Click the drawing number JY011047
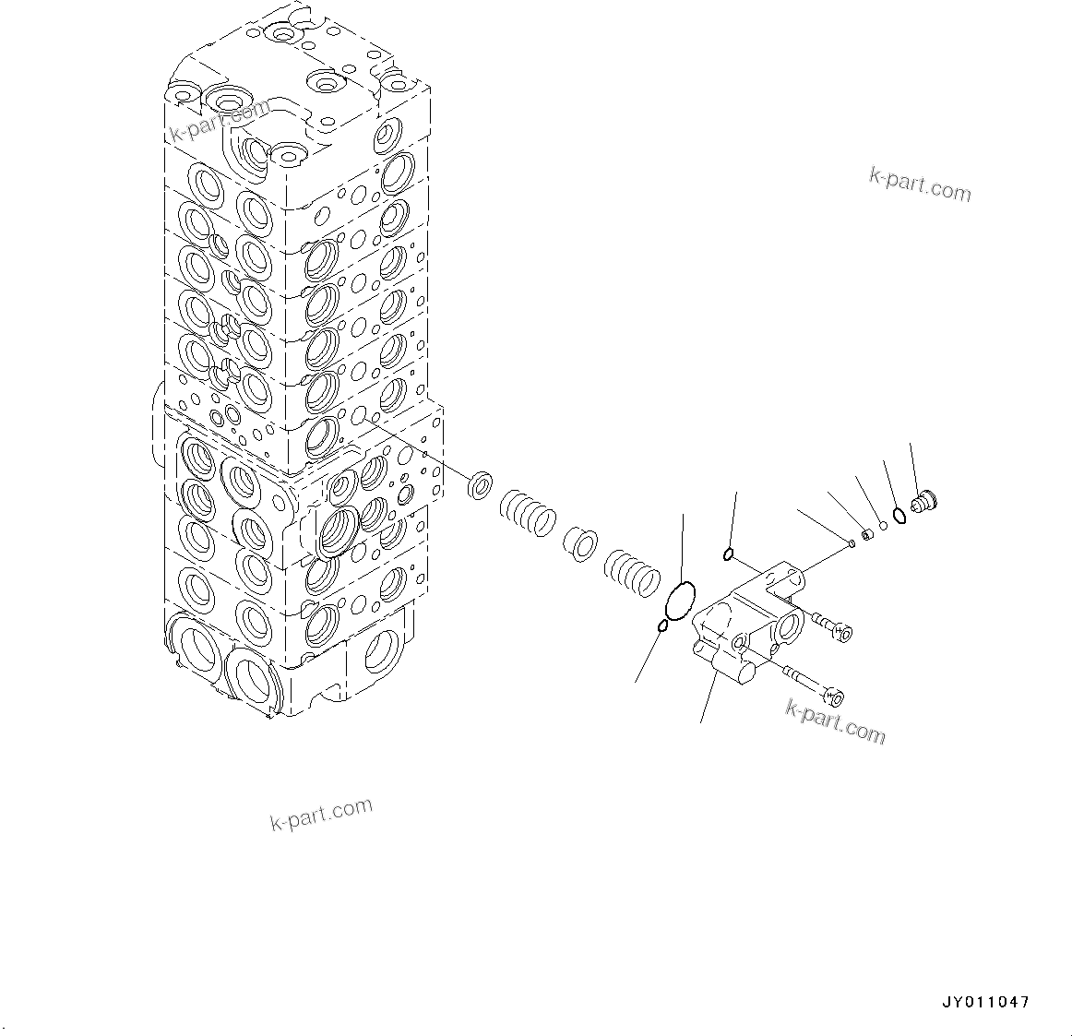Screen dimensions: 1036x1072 pyautogui.click(x=985, y=1002)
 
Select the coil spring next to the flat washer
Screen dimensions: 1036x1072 pyautogui.click(x=528, y=512)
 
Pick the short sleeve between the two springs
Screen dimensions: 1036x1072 pyautogui.click(x=580, y=544)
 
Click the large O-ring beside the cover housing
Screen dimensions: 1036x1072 pyautogui.click(x=681, y=601)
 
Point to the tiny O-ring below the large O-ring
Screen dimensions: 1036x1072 pyautogui.click(x=662, y=626)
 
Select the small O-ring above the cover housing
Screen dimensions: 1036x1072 pyautogui.click(x=728, y=554)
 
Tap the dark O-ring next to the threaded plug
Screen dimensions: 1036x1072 pyautogui.click(x=899, y=514)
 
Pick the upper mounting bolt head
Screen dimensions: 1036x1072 pyautogui.click(x=840, y=631)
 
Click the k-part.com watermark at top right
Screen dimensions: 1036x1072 pyautogui.click(x=920, y=185)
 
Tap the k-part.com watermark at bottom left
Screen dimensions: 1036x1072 pyautogui.click(x=321, y=813)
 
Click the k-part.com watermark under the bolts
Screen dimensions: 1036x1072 pyautogui.click(x=835, y=721)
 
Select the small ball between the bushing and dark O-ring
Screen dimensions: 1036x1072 pyautogui.click(x=882, y=526)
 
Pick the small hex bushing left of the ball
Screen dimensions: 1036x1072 pyautogui.click(x=866, y=534)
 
